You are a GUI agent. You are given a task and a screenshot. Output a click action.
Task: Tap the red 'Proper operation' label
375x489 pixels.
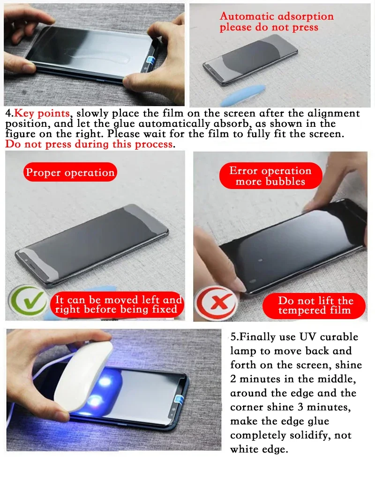70,173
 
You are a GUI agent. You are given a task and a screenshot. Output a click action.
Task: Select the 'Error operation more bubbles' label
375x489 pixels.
270,176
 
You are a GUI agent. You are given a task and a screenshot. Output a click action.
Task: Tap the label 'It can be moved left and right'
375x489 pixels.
118,304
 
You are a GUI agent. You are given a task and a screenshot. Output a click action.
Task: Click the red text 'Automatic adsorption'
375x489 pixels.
277,16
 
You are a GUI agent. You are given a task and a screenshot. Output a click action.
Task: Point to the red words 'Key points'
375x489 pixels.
42,114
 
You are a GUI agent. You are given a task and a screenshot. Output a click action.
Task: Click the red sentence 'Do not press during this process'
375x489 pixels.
89,144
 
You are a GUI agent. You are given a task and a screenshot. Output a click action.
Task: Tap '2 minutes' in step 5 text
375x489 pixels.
256,379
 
